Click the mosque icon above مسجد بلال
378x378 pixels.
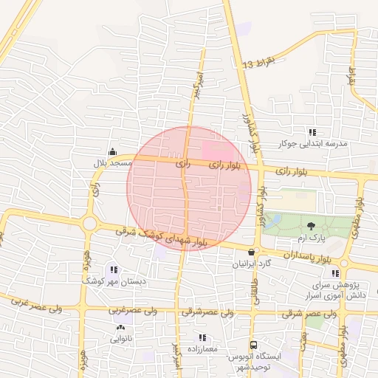coord(112,152)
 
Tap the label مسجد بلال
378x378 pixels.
coord(111,162)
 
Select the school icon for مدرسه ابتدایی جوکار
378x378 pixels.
coord(312,132)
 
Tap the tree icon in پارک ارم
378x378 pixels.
coord(312,226)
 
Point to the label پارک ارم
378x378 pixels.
coord(312,238)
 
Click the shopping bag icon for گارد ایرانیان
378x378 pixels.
coord(252,252)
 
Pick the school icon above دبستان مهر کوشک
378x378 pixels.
coord(114,270)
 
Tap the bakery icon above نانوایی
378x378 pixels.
coord(120,328)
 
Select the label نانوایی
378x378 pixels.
coord(121,339)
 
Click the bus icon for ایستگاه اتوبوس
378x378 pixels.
coord(254,345)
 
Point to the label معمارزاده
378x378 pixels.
coord(202,348)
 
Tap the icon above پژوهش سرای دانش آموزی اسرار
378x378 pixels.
coord(335,273)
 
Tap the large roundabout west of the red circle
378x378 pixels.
coord(90,223)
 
